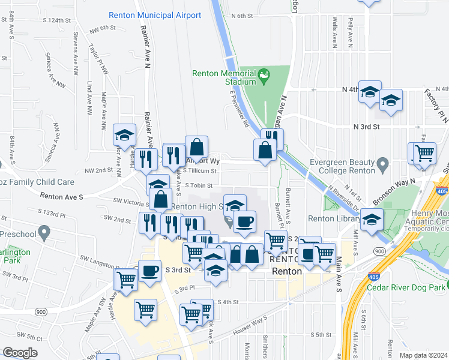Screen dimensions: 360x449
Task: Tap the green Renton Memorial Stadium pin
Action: [x=264, y=76]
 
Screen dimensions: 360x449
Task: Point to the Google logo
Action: [x=20, y=353]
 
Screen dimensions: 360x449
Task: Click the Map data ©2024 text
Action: [x=423, y=355]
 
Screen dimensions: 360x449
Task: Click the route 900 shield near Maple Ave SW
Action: [x=41, y=312]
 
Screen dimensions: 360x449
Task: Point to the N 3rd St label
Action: [x=367, y=127]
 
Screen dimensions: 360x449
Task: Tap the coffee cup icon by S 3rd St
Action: [x=149, y=270]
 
